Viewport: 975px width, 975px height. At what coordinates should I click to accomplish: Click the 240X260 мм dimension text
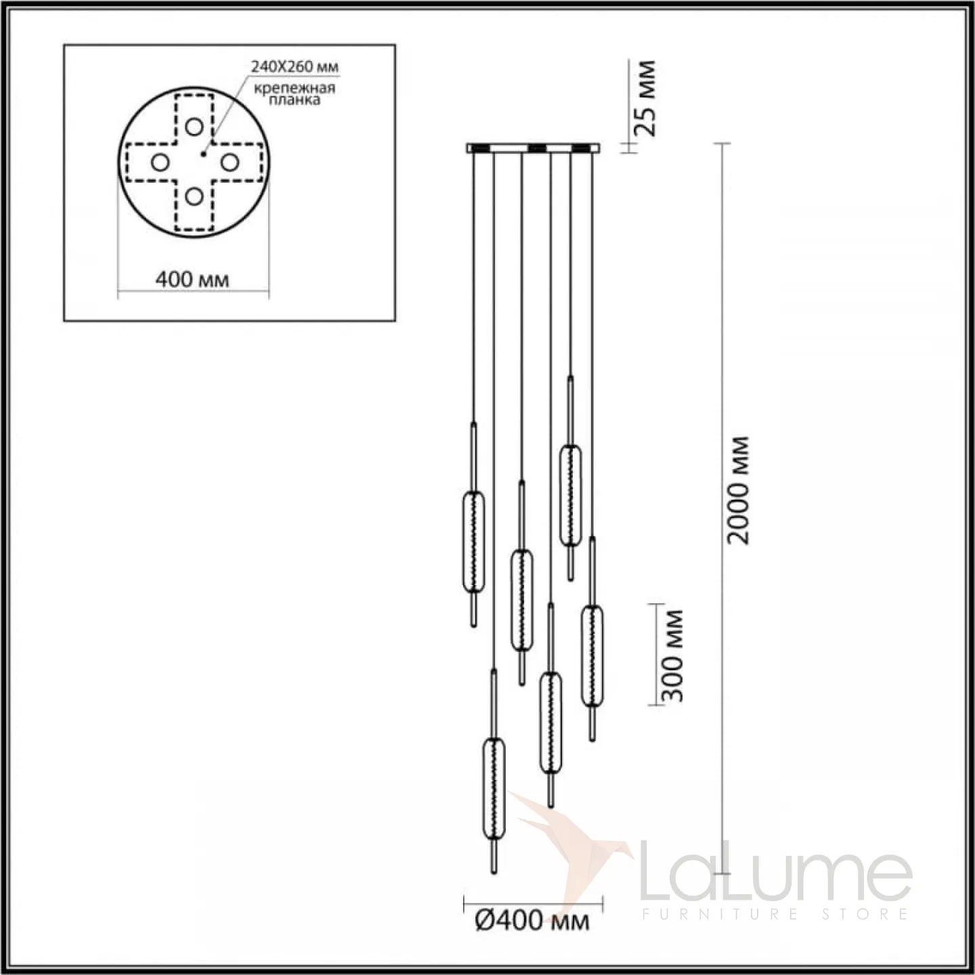pos(295,67)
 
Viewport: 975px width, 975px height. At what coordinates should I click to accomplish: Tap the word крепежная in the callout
pos(295,88)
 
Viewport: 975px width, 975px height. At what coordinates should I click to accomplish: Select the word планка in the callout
pos(294,100)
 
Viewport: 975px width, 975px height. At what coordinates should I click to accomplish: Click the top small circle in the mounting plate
pos(194,127)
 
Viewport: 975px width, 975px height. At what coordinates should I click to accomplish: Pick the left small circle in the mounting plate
pos(160,162)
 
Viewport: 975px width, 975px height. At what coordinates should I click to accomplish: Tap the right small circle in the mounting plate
pos(230,162)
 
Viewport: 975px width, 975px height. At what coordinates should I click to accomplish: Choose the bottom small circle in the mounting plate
pos(194,196)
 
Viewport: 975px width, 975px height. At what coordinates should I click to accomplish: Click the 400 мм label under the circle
pos(192,279)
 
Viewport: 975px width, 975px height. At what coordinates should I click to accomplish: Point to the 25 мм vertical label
pos(646,98)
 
